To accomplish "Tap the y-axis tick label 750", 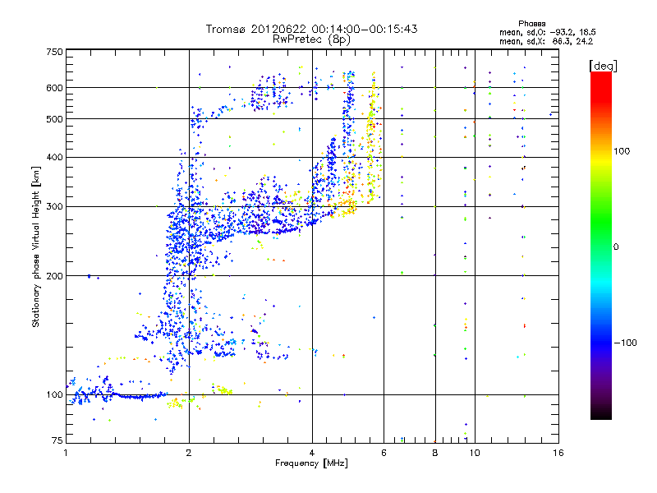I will (53, 52).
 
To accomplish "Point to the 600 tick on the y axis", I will (53, 88).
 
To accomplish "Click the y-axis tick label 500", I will (53, 119).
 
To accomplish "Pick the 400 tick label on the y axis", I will (53, 158).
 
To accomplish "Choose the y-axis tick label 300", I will (53, 207).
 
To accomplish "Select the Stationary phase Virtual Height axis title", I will (36, 247).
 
